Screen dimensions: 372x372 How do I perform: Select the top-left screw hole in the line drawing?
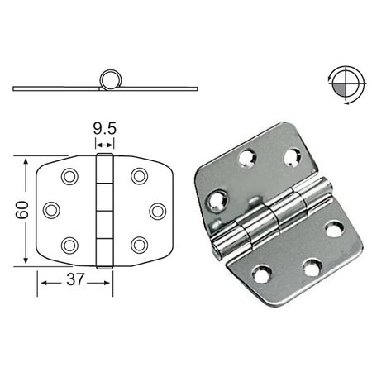tap(69, 176)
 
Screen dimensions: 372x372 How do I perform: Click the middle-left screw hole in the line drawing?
tap(51, 210)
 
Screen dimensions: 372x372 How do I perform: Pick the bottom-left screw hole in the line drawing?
tap(69, 244)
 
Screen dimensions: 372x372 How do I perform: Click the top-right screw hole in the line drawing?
tap(139, 176)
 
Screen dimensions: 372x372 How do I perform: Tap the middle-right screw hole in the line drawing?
tap(156, 210)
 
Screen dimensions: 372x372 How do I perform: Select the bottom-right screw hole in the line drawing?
tap(139, 244)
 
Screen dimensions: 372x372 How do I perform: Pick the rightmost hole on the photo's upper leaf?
tap(292, 155)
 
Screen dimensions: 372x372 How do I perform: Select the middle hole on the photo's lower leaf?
tap(310, 268)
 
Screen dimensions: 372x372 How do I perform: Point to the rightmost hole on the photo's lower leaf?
tap(334, 229)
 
